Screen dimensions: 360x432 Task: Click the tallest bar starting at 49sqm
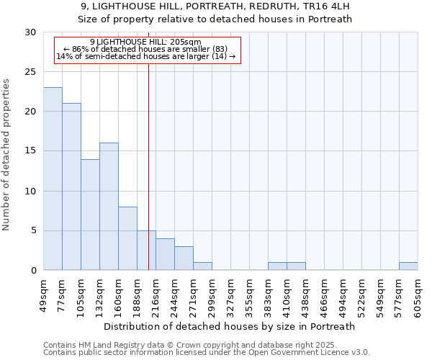point(53,179)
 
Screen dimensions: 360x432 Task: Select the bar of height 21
point(71,186)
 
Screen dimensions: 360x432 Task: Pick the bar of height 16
point(109,207)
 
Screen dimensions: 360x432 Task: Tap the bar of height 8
point(127,238)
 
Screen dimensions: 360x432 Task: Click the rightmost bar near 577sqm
point(408,266)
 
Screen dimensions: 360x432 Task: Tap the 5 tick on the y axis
point(33,230)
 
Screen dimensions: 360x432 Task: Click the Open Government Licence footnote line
point(207,353)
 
